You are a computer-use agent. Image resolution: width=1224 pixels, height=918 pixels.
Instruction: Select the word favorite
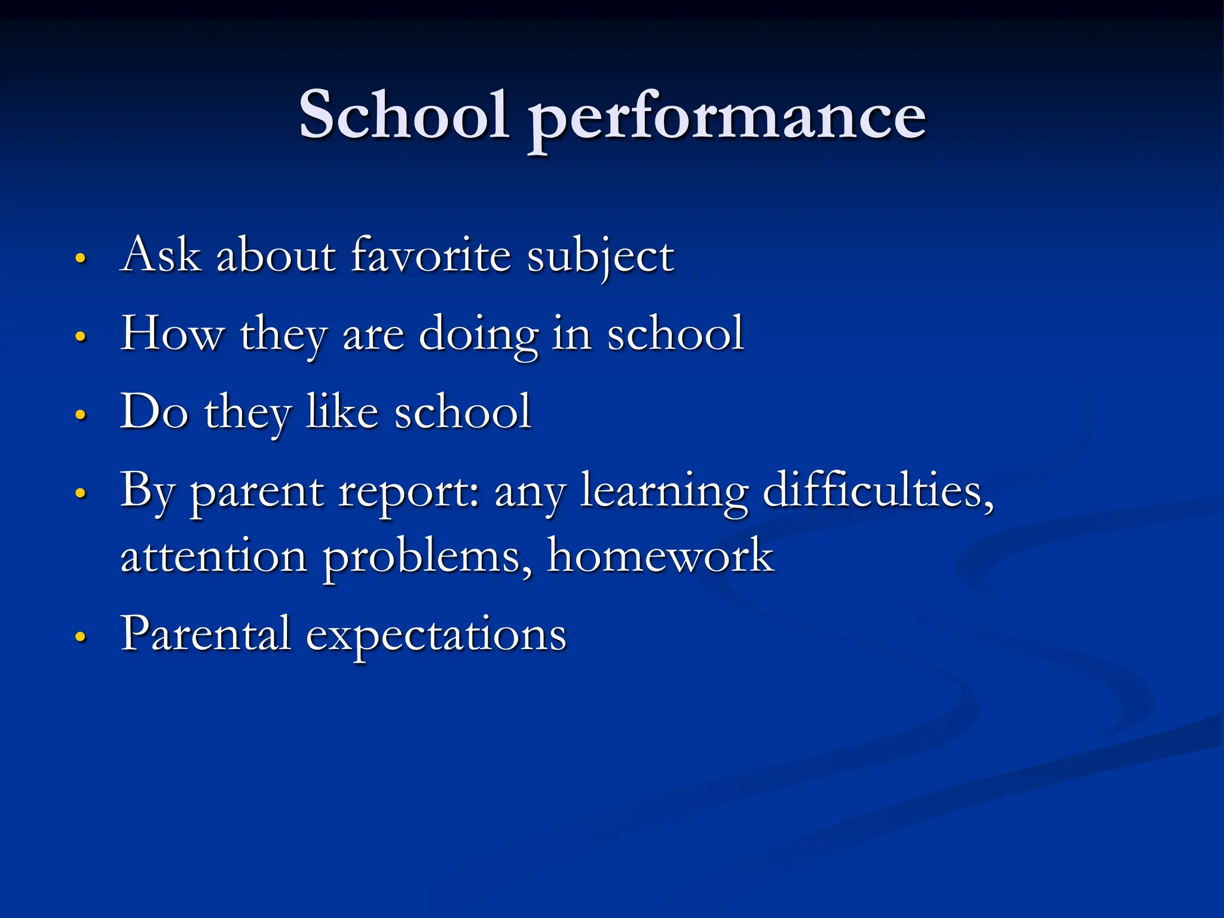click(x=430, y=255)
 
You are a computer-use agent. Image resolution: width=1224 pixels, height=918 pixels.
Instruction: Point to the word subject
click(x=600, y=257)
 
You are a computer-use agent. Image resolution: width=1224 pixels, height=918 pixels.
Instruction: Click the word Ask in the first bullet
click(x=161, y=255)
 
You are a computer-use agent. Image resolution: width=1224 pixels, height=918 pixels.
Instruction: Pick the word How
click(x=172, y=333)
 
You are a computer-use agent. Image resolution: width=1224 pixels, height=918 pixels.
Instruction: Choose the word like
click(x=342, y=412)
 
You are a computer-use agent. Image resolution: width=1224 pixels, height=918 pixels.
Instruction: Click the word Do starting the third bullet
click(x=154, y=412)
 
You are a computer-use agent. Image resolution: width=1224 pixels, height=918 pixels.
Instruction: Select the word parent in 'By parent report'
click(x=257, y=491)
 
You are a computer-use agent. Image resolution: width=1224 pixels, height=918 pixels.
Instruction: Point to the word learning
click(x=663, y=491)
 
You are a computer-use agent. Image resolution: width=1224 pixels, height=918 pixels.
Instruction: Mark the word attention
click(x=214, y=556)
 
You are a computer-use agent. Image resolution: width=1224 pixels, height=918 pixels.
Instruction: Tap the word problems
click(x=427, y=557)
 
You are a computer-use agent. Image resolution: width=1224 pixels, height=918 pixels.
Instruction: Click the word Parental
click(x=206, y=634)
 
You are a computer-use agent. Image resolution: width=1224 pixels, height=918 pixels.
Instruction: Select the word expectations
click(x=436, y=635)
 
